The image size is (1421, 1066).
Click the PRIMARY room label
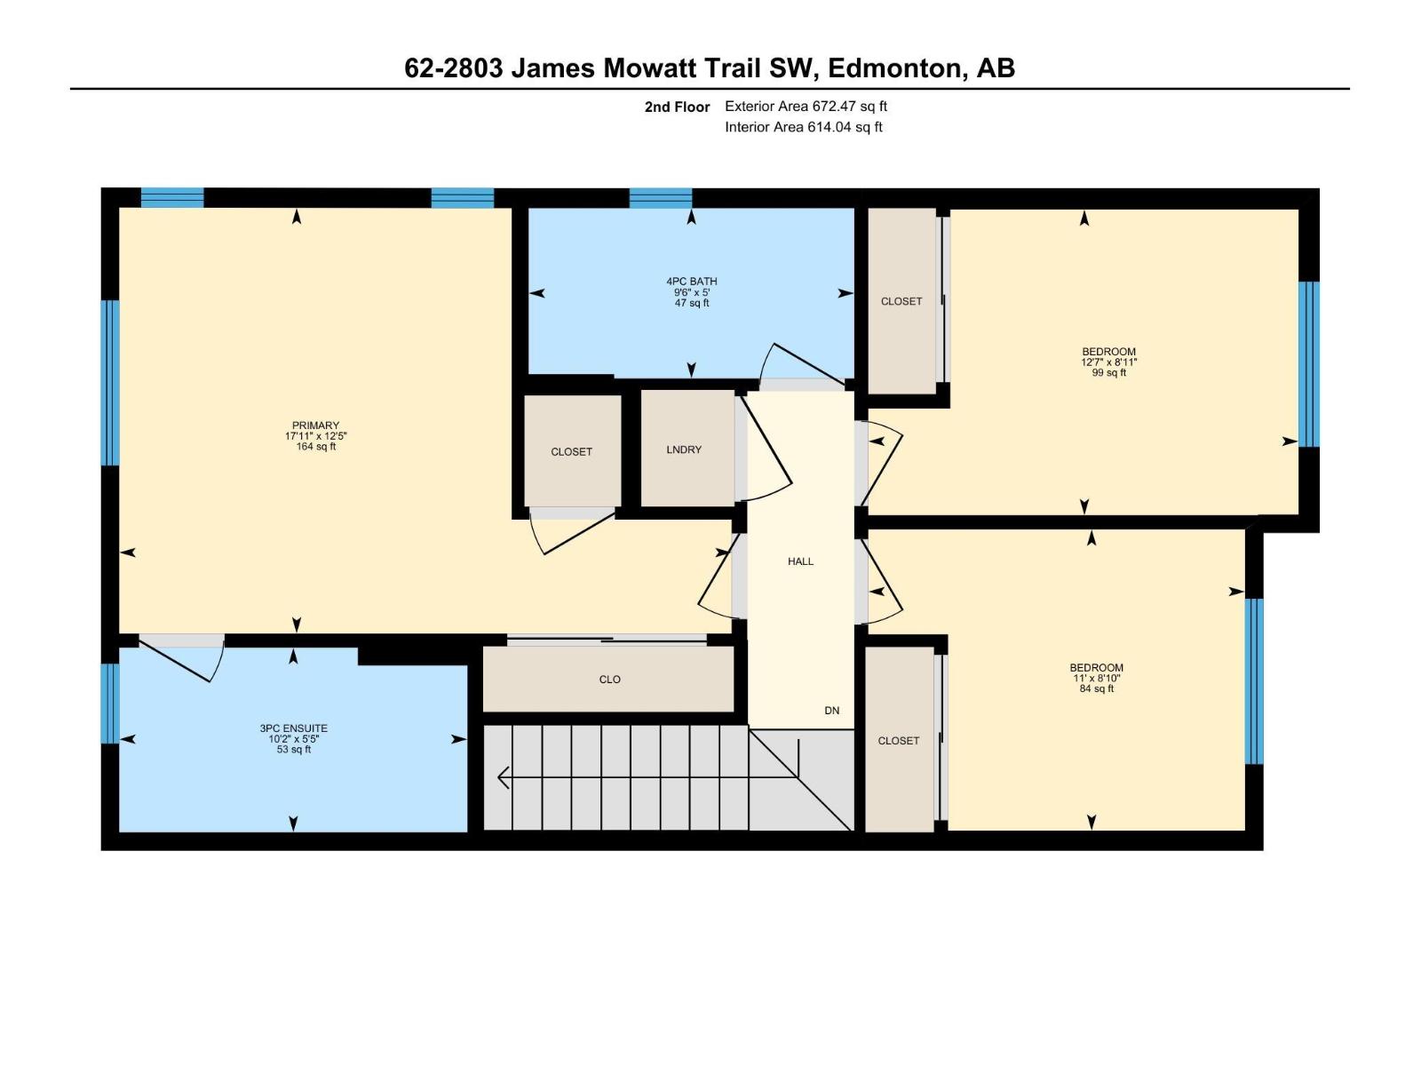[315, 426]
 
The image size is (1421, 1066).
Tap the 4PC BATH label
[691, 282]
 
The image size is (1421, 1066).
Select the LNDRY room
[684, 449]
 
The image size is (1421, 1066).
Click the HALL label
[800, 561]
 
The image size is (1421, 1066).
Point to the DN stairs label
[831, 711]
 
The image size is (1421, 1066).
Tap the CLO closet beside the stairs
[609, 680]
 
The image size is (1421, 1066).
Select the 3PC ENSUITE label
[293, 728]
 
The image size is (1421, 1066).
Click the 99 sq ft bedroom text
[1108, 373]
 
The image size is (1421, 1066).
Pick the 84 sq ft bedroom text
[1096, 688]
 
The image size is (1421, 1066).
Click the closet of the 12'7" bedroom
[901, 301]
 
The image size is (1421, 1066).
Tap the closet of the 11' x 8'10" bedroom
[899, 740]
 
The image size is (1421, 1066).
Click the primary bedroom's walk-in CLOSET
[572, 451]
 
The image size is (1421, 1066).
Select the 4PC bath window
[660, 198]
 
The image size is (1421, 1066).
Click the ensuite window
[109, 704]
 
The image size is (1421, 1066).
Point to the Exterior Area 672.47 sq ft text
[806, 107]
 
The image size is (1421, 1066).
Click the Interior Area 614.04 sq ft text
[803, 127]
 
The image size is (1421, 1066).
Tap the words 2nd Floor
[677, 107]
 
